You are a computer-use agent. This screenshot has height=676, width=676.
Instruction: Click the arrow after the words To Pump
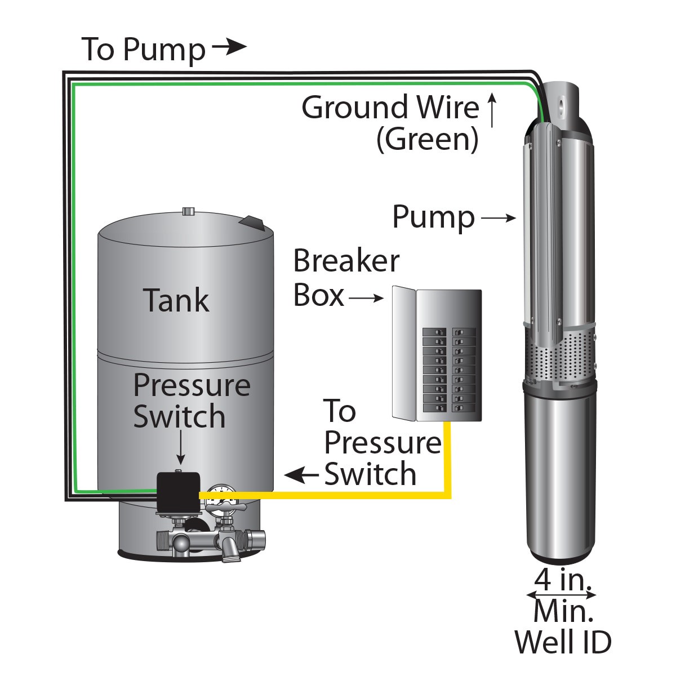click(x=229, y=47)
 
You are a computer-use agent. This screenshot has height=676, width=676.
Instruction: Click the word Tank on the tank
click(x=176, y=300)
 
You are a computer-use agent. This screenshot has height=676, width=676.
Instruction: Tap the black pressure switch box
click(x=179, y=491)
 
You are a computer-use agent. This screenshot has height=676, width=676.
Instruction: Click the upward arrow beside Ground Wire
click(x=492, y=110)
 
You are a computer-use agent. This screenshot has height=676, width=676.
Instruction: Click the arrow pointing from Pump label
click(x=498, y=218)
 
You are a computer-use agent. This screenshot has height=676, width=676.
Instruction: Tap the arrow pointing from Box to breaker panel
click(x=366, y=297)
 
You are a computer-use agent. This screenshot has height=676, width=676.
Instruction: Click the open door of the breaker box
click(x=403, y=354)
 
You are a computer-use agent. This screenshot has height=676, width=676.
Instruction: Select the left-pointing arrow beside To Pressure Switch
click(x=301, y=475)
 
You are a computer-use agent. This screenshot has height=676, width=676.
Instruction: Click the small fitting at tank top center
click(x=188, y=212)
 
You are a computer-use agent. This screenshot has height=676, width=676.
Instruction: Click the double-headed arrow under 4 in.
click(x=561, y=595)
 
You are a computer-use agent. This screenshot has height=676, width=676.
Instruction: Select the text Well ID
click(x=563, y=642)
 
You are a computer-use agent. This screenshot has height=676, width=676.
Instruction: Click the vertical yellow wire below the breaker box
click(x=448, y=456)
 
